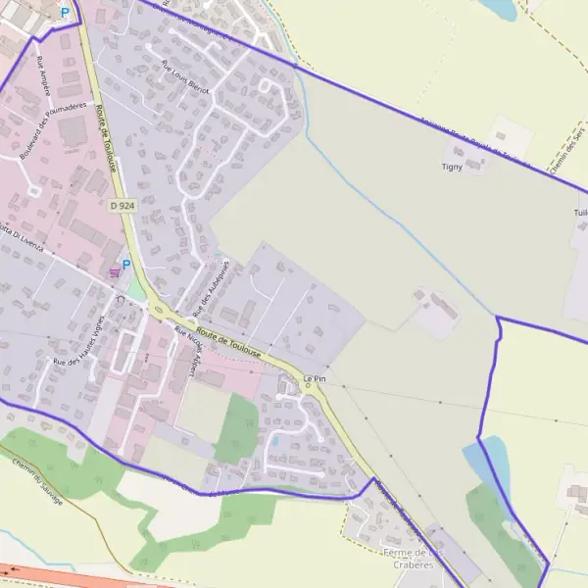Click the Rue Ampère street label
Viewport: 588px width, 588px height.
[x=43, y=73]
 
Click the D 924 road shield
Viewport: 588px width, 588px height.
[x=122, y=205]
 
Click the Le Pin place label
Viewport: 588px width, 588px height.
[x=314, y=377]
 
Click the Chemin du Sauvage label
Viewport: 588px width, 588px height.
[x=37, y=481]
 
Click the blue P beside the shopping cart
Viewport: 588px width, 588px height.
[x=126, y=264]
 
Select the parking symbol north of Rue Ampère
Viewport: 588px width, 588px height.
[x=65, y=13]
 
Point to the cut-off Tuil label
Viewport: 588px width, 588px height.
[x=580, y=212]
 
